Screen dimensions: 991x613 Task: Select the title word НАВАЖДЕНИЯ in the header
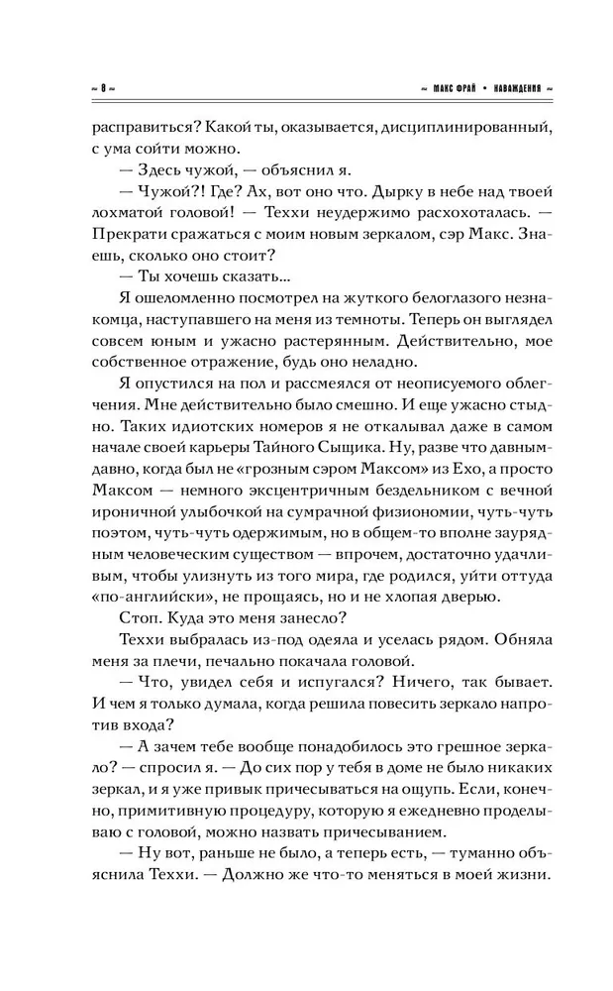click(516, 87)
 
